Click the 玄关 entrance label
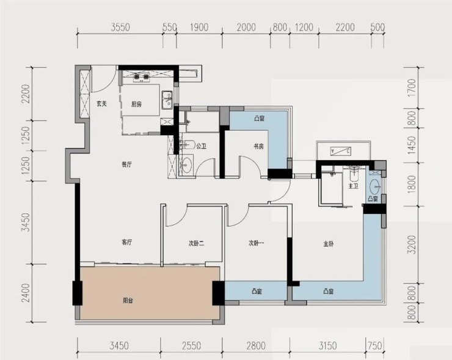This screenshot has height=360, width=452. (101, 104)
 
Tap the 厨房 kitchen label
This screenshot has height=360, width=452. (136, 104)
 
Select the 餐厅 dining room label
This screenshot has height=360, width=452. (127, 164)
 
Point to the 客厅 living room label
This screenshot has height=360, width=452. (127, 242)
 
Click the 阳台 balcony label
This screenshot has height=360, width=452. (128, 301)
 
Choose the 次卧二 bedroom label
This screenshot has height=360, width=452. (197, 243)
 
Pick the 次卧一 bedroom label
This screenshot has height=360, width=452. (257, 243)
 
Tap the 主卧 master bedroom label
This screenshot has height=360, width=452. (329, 244)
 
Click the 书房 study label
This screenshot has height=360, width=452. (258, 147)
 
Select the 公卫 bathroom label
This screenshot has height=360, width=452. (201, 146)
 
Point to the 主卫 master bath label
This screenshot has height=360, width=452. (353, 186)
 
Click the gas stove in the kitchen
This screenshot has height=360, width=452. (141, 77)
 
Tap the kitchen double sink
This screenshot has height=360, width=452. (167, 100)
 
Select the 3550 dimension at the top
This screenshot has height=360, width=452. (120, 28)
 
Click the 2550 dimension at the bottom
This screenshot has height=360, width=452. (191, 345)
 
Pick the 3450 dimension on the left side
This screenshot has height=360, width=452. (26, 222)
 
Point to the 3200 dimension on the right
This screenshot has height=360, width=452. (412, 244)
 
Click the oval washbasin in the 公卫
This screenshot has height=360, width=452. (187, 165)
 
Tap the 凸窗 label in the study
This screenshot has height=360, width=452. (260, 119)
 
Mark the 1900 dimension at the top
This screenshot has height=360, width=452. (199, 28)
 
